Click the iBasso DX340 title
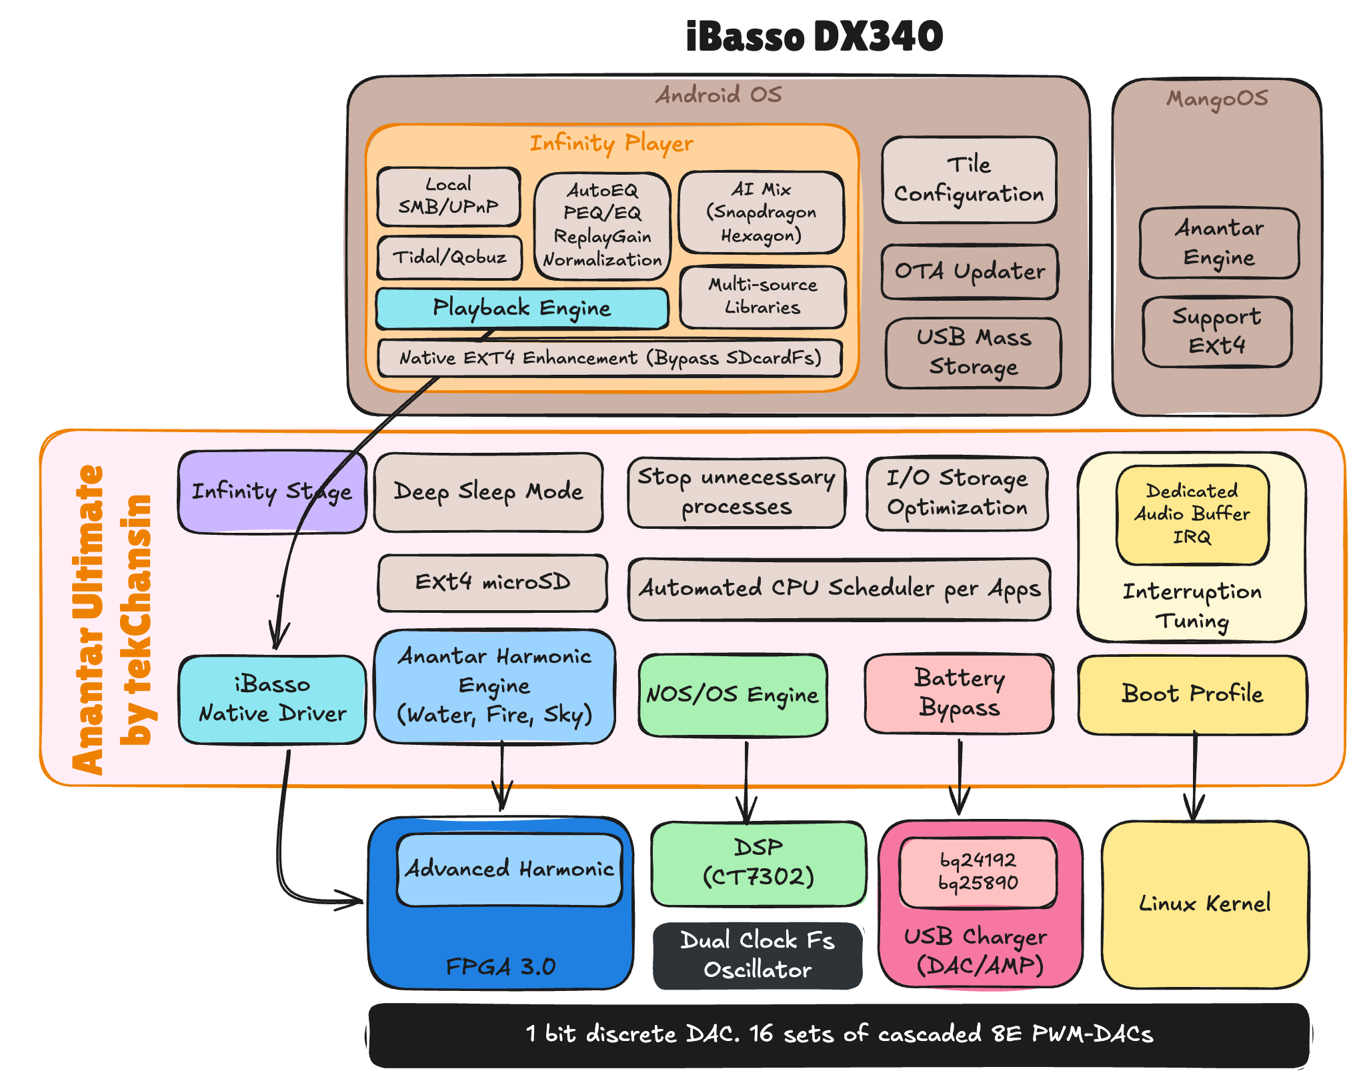click(814, 36)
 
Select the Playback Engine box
click(521, 308)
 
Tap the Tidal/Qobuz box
click(449, 257)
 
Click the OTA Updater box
click(970, 271)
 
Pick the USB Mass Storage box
click(973, 352)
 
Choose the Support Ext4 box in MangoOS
click(1216, 331)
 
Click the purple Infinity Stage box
click(271, 491)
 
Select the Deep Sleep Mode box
click(488, 492)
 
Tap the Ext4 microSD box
click(492, 582)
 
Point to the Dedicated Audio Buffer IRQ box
click(1192, 514)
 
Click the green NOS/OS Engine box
click(732, 695)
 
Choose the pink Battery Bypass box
click(959, 693)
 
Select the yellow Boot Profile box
click(1192, 694)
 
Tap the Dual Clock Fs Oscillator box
click(758, 955)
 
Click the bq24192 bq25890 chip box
click(978, 872)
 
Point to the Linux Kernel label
click(1204, 904)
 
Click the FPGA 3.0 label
click(500, 966)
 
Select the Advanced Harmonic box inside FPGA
click(509, 869)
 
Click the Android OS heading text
click(718, 95)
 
